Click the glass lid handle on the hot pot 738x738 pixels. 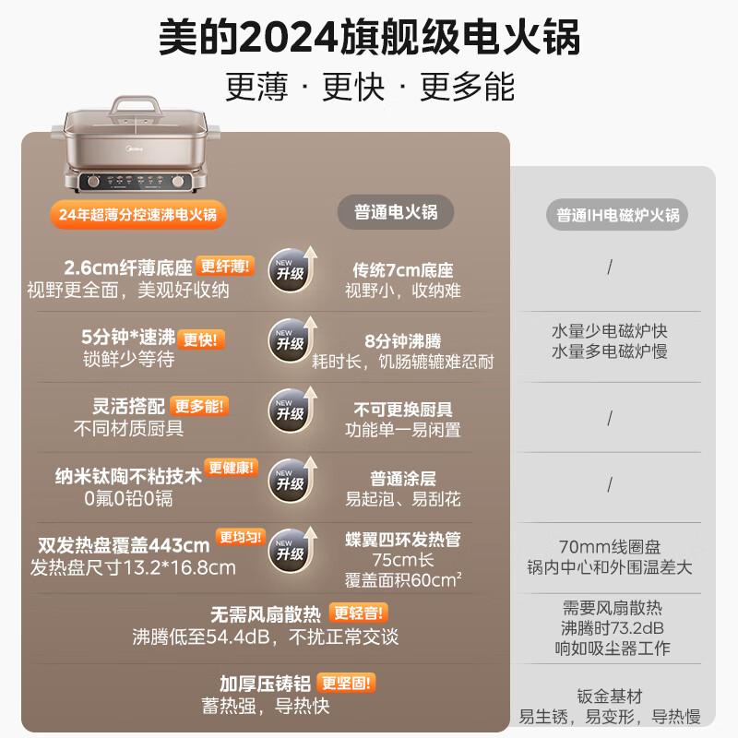coord(135,105)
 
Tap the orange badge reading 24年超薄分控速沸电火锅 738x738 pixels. coord(137,215)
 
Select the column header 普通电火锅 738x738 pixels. coord(396,212)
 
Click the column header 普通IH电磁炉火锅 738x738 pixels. coord(617,215)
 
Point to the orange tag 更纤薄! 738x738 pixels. coord(225,266)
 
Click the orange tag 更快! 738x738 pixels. coord(201,339)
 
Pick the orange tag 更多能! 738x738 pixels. coord(199,406)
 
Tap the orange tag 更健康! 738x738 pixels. coord(232,468)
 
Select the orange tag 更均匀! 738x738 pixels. coord(241,537)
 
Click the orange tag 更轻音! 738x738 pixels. coord(358,613)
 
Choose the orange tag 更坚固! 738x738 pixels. coord(346,683)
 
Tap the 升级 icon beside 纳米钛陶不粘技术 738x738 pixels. coord(292,480)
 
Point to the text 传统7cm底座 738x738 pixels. coord(403,270)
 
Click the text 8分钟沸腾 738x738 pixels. coord(403,340)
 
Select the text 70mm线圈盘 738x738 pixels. coord(610,547)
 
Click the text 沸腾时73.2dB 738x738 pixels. coord(612,628)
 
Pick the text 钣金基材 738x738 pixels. coord(610,696)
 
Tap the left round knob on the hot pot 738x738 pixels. coord(93,181)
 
